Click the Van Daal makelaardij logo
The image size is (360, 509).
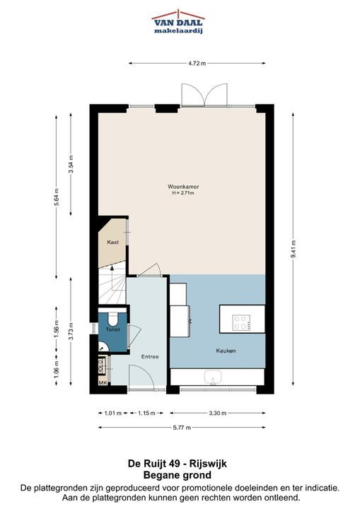point(178,22)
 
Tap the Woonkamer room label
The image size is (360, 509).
point(183,187)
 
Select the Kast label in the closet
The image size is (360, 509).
point(112,242)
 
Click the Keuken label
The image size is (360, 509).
point(226,351)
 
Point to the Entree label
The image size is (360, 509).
point(150,357)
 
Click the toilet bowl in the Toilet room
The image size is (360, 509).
point(113,319)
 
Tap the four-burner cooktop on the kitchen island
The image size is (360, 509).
point(241,322)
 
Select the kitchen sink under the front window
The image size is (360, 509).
point(213,378)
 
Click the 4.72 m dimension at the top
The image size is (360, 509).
point(197,64)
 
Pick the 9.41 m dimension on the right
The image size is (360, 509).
point(293,249)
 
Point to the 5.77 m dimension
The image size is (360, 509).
point(182,428)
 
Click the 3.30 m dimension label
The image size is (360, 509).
point(218,414)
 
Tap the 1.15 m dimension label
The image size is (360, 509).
point(146,414)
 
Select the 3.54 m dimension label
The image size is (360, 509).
point(71,164)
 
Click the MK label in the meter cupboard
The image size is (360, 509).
point(103,383)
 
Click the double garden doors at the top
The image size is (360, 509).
point(204,95)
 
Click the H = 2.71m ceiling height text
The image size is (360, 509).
point(183,193)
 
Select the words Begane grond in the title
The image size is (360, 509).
point(178,475)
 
